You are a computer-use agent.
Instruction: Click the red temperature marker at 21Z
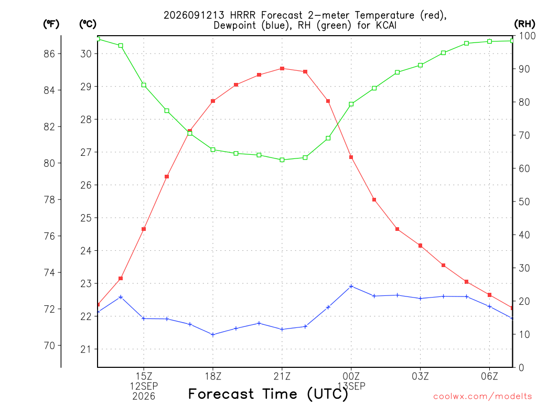(x=282, y=69)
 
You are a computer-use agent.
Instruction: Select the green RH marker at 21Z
(x=282, y=160)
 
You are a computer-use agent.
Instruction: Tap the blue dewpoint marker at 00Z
(x=351, y=287)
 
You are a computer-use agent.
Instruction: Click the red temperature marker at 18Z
(x=213, y=101)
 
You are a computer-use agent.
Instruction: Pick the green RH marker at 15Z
(x=144, y=85)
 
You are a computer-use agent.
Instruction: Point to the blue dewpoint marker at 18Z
(x=213, y=335)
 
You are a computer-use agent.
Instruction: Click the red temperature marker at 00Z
(x=351, y=157)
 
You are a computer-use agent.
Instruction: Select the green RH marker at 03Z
(x=420, y=65)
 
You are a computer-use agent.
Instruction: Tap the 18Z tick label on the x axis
(x=213, y=376)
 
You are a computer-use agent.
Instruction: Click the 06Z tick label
(x=489, y=376)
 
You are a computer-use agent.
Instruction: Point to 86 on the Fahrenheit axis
(x=49, y=54)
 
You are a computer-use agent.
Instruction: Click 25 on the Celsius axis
(x=86, y=218)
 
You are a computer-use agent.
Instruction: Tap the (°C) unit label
(x=88, y=24)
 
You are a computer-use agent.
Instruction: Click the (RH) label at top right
(x=524, y=24)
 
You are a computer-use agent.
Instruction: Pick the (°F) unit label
(x=51, y=24)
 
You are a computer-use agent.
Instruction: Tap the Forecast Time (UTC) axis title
(x=268, y=394)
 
